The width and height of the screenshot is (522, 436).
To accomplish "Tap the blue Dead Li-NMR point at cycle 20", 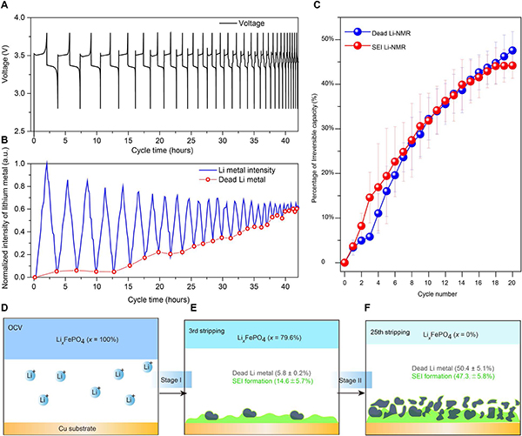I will click(512, 50).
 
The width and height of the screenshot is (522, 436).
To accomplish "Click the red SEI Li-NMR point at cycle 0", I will click(345, 262).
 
